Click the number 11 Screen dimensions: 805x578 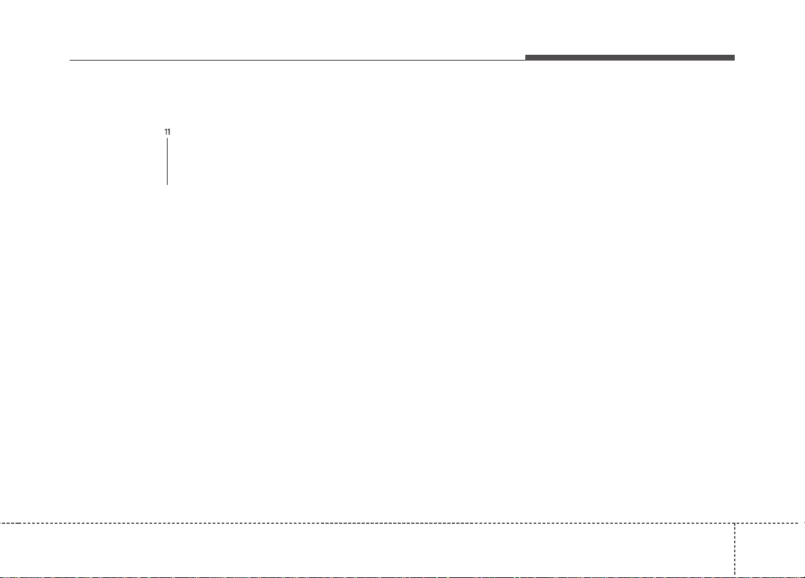click(167, 132)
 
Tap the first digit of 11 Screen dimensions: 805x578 click(166, 132)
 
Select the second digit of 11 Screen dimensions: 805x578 click(169, 132)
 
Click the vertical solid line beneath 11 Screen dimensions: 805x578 click(167, 161)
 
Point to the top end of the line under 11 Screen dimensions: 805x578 click(167, 139)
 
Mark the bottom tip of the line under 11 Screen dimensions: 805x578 click(167, 185)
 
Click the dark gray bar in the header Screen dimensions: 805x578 click(630, 57)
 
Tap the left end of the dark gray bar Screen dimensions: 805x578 click(525, 57)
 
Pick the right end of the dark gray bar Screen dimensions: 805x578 click(734, 57)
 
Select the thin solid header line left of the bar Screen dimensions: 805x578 click(297, 60)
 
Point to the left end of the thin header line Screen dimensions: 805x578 click(70, 60)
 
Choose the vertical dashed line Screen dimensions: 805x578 click(735, 550)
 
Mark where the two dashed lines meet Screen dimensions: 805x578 click(735, 523)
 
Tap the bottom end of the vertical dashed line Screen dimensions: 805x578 click(735, 576)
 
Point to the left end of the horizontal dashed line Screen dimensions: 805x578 click(1, 523)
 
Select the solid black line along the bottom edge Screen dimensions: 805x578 click(402, 577)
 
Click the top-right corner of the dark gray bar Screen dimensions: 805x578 click(735, 55)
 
